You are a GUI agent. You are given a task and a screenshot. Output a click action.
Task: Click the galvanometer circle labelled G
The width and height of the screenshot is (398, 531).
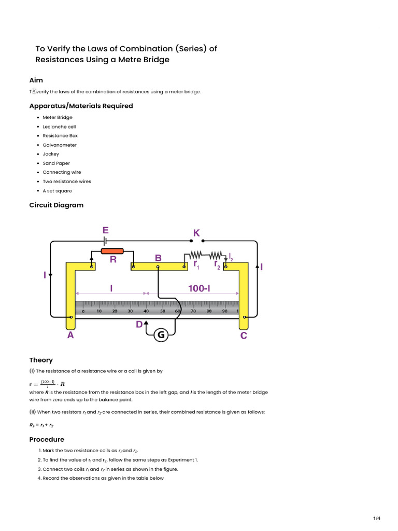(x=161, y=336)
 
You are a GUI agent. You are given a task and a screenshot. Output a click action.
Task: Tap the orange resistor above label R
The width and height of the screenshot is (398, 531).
(x=112, y=251)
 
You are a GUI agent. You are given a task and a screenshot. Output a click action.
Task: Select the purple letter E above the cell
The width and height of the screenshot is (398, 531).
(x=105, y=230)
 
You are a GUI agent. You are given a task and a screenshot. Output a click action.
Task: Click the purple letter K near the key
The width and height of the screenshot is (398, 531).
(x=196, y=233)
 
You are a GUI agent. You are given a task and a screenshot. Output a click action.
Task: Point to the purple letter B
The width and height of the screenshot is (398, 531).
(x=158, y=258)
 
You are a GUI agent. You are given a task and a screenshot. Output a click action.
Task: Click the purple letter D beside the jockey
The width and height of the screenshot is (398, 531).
(x=139, y=325)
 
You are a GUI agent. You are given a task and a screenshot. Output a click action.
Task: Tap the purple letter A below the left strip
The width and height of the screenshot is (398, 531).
(x=70, y=336)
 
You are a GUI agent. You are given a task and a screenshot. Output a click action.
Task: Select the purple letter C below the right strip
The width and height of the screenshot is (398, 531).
(x=244, y=336)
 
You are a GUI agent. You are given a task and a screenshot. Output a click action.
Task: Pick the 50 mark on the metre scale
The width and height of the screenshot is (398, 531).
(x=162, y=312)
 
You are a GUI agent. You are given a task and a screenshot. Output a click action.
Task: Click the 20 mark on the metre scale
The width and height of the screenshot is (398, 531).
(x=115, y=312)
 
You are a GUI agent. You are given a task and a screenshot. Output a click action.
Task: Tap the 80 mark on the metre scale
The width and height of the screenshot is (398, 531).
(x=209, y=312)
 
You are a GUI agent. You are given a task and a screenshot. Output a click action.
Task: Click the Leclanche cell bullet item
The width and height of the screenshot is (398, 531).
(x=59, y=127)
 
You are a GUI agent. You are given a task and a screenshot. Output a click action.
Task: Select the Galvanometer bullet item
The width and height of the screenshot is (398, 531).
(x=60, y=145)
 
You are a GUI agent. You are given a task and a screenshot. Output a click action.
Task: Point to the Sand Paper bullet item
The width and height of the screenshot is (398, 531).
(x=56, y=163)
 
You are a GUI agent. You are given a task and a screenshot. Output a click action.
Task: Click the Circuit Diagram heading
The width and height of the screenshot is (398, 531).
(x=56, y=205)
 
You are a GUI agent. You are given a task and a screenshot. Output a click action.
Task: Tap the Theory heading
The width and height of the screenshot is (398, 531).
(x=41, y=360)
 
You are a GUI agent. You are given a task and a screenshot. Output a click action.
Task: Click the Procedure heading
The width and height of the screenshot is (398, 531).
(x=47, y=439)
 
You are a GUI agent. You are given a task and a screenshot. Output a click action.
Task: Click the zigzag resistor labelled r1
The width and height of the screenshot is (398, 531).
(x=196, y=255)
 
